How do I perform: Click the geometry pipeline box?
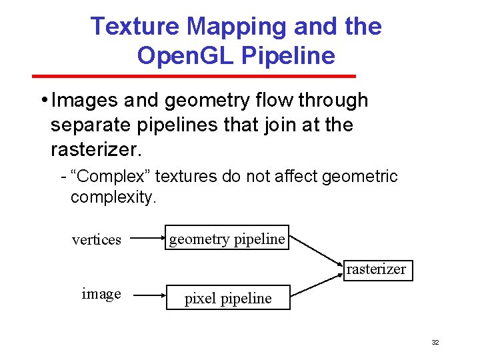pyautogui.click(x=227, y=238)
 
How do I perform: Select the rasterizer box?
pyautogui.click(x=375, y=269)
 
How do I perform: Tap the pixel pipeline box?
pyautogui.click(x=228, y=298)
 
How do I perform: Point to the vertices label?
pyautogui.click(x=97, y=240)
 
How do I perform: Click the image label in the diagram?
pyautogui.click(x=101, y=294)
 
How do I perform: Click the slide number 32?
pyautogui.click(x=435, y=342)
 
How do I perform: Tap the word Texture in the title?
pyautogui.click(x=135, y=27)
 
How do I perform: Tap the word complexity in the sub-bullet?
pyautogui.click(x=113, y=197)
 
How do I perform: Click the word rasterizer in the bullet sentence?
pyautogui.click(x=96, y=149)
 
